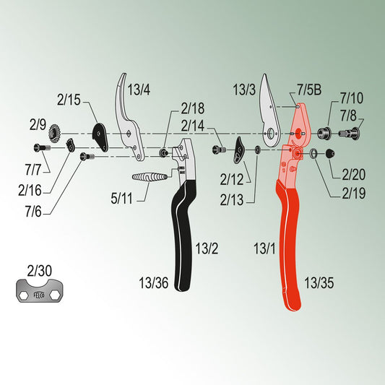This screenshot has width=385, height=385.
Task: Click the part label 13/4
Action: [x=139, y=90]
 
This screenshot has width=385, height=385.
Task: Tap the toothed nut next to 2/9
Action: [x=54, y=134]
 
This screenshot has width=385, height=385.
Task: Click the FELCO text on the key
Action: [x=38, y=295]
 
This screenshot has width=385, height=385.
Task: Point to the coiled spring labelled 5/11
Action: [x=150, y=177]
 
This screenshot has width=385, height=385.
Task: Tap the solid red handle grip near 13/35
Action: [x=289, y=246]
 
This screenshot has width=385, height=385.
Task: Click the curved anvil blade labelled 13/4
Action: [x=128, y=118]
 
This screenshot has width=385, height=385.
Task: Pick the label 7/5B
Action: [x=309, y=90]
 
